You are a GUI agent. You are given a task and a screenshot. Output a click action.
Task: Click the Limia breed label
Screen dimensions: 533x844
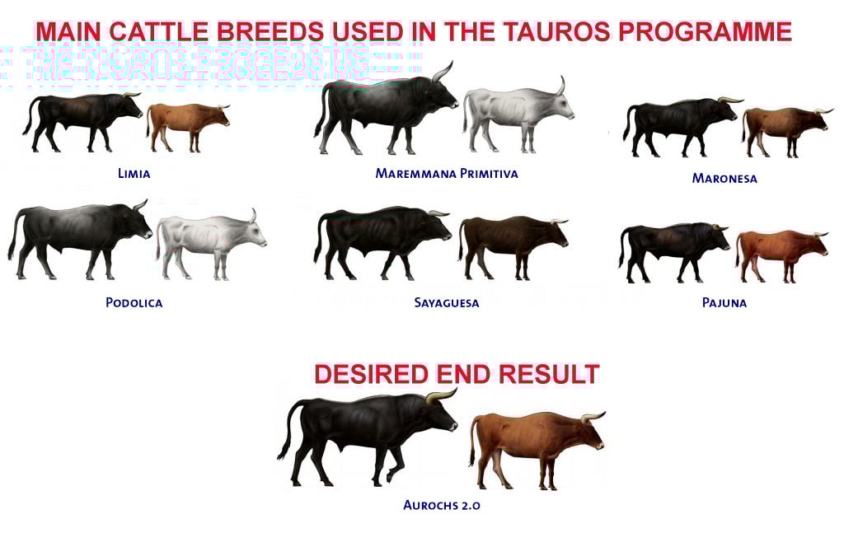(x=134, y=174)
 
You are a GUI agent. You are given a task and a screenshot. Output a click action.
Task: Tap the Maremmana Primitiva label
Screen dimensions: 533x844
(x=447, y=174)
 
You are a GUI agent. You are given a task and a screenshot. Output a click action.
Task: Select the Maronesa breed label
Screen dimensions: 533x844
(x=724, y=178)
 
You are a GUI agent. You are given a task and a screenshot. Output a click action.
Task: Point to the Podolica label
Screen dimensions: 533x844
(x=134, y=302)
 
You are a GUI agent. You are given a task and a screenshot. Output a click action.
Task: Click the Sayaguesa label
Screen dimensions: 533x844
(x=447, y=302)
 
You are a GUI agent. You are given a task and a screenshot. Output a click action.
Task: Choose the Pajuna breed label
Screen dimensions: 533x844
(x=724, y=302)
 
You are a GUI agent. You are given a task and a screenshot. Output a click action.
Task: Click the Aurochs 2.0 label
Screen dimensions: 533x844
(x=442, y=505)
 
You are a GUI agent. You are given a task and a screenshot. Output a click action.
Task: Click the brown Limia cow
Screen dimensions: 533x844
(x=186, y=124)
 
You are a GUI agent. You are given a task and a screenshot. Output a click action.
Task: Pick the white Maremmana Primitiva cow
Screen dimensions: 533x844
(x=515, y=115)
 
